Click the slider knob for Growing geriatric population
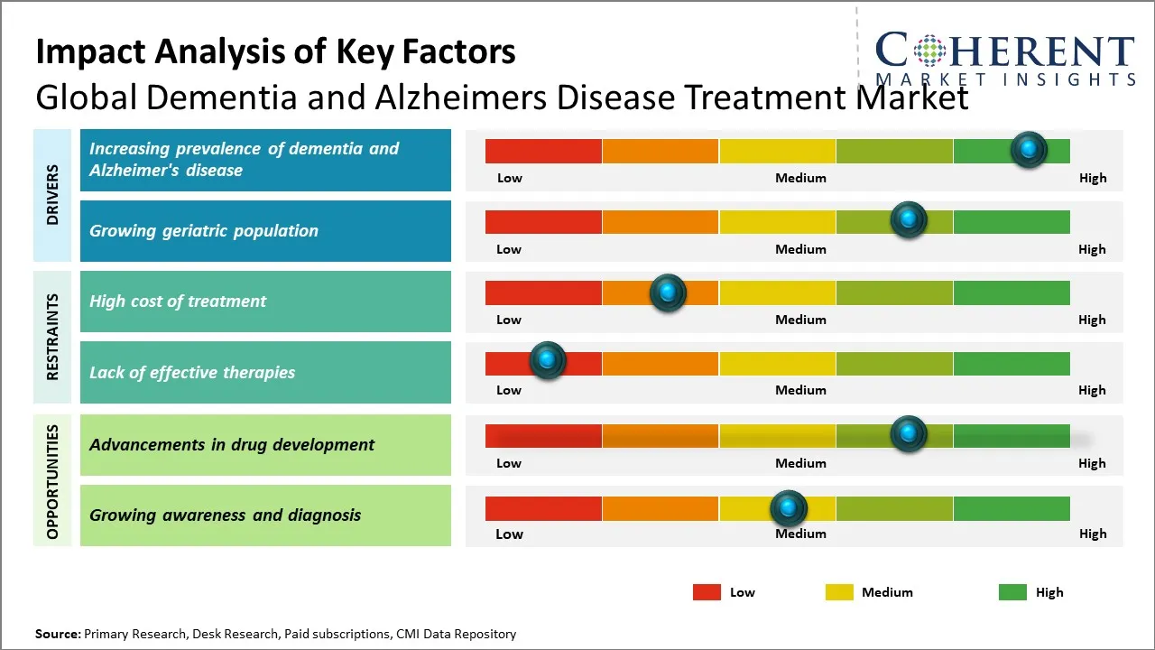coord(909,219)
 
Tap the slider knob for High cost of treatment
coord(668,292)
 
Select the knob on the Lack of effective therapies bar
coord(547,360)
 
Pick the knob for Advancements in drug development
coord(909,433)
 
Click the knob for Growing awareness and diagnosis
coord(789,508)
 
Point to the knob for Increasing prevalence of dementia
coord(1029,149)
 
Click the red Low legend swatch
coord(707,592)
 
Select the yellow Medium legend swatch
coord(839,592)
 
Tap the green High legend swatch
coord(1012,592)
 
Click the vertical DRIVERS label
coord(52,194)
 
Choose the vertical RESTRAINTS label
coord(52,337)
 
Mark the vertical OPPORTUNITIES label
coord(52,481)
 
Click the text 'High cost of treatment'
coord(178,302)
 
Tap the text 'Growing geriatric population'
coord(204,231)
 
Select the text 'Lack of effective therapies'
coord(192,372)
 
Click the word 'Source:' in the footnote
coord(58,634)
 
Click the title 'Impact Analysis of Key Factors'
coord(275,52)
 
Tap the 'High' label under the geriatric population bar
coord(1092,249)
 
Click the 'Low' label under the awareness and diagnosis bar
coord(509,534)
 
